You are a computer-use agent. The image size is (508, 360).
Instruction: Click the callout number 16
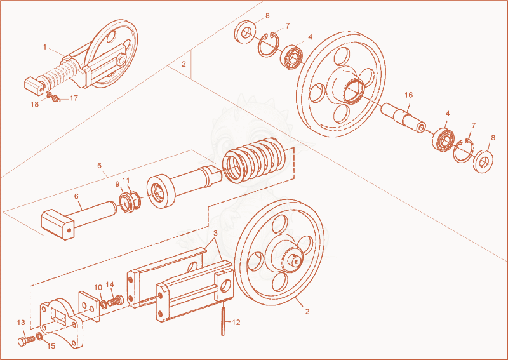click(409, 95)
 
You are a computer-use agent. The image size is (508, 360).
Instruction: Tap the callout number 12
click(236, 323)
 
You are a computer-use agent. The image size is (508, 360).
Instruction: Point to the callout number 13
click(21, 323)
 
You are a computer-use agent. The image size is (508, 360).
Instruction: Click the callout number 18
click(35, 104)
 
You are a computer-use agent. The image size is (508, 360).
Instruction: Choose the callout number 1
click(45, 48)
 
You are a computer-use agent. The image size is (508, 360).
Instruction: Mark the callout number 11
click(126, 180)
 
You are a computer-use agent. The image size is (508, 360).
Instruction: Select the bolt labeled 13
click(26, 341)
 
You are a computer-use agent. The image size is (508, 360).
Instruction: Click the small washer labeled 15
click(39, 337)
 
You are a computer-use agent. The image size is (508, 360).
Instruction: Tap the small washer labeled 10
click(104, 305)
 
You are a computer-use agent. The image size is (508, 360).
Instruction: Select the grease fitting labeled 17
click(56, 99)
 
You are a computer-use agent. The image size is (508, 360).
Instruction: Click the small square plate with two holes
click(89, 306)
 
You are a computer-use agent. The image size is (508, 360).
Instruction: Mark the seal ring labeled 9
click(127, 203)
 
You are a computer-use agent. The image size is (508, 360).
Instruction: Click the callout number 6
click(76, 196)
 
